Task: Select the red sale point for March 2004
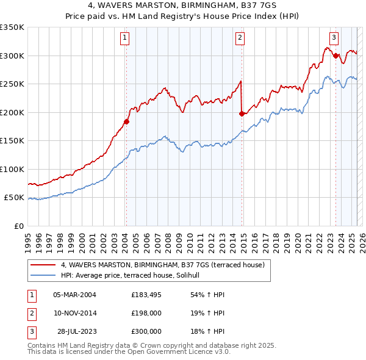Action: (x=126, y=121)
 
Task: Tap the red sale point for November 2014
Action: (x=242, y=113)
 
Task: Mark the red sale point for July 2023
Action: (x=336, y=56)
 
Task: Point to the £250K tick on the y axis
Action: (x=12, y=84)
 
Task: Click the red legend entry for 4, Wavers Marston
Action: (x=162, y=265)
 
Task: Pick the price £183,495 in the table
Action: (x=146, y=295)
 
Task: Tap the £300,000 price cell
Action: (x=146, y=331)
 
